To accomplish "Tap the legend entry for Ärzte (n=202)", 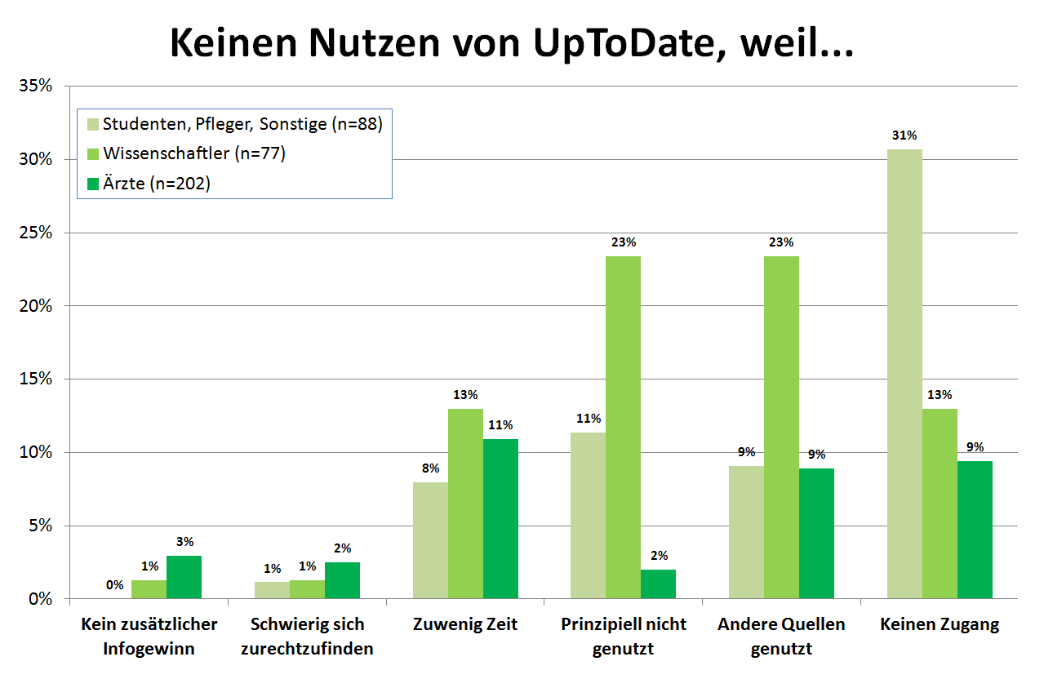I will (156, 184).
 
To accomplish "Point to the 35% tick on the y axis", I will (37, 86).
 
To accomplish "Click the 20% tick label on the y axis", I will (37, 306).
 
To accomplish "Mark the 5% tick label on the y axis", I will (41, 526).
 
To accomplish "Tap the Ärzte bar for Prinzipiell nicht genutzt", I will (658, 584).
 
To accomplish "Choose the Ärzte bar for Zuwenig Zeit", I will (500, 519).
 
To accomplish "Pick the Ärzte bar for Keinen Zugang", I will (975, 530).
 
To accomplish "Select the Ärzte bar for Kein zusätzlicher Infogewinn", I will (184, 578).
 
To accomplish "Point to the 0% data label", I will (114, 585).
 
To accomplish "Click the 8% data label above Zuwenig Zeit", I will (430, 468).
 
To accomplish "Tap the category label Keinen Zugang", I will (940, 625).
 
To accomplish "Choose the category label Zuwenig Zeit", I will (465, 625).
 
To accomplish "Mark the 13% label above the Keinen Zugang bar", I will (940, 395).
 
